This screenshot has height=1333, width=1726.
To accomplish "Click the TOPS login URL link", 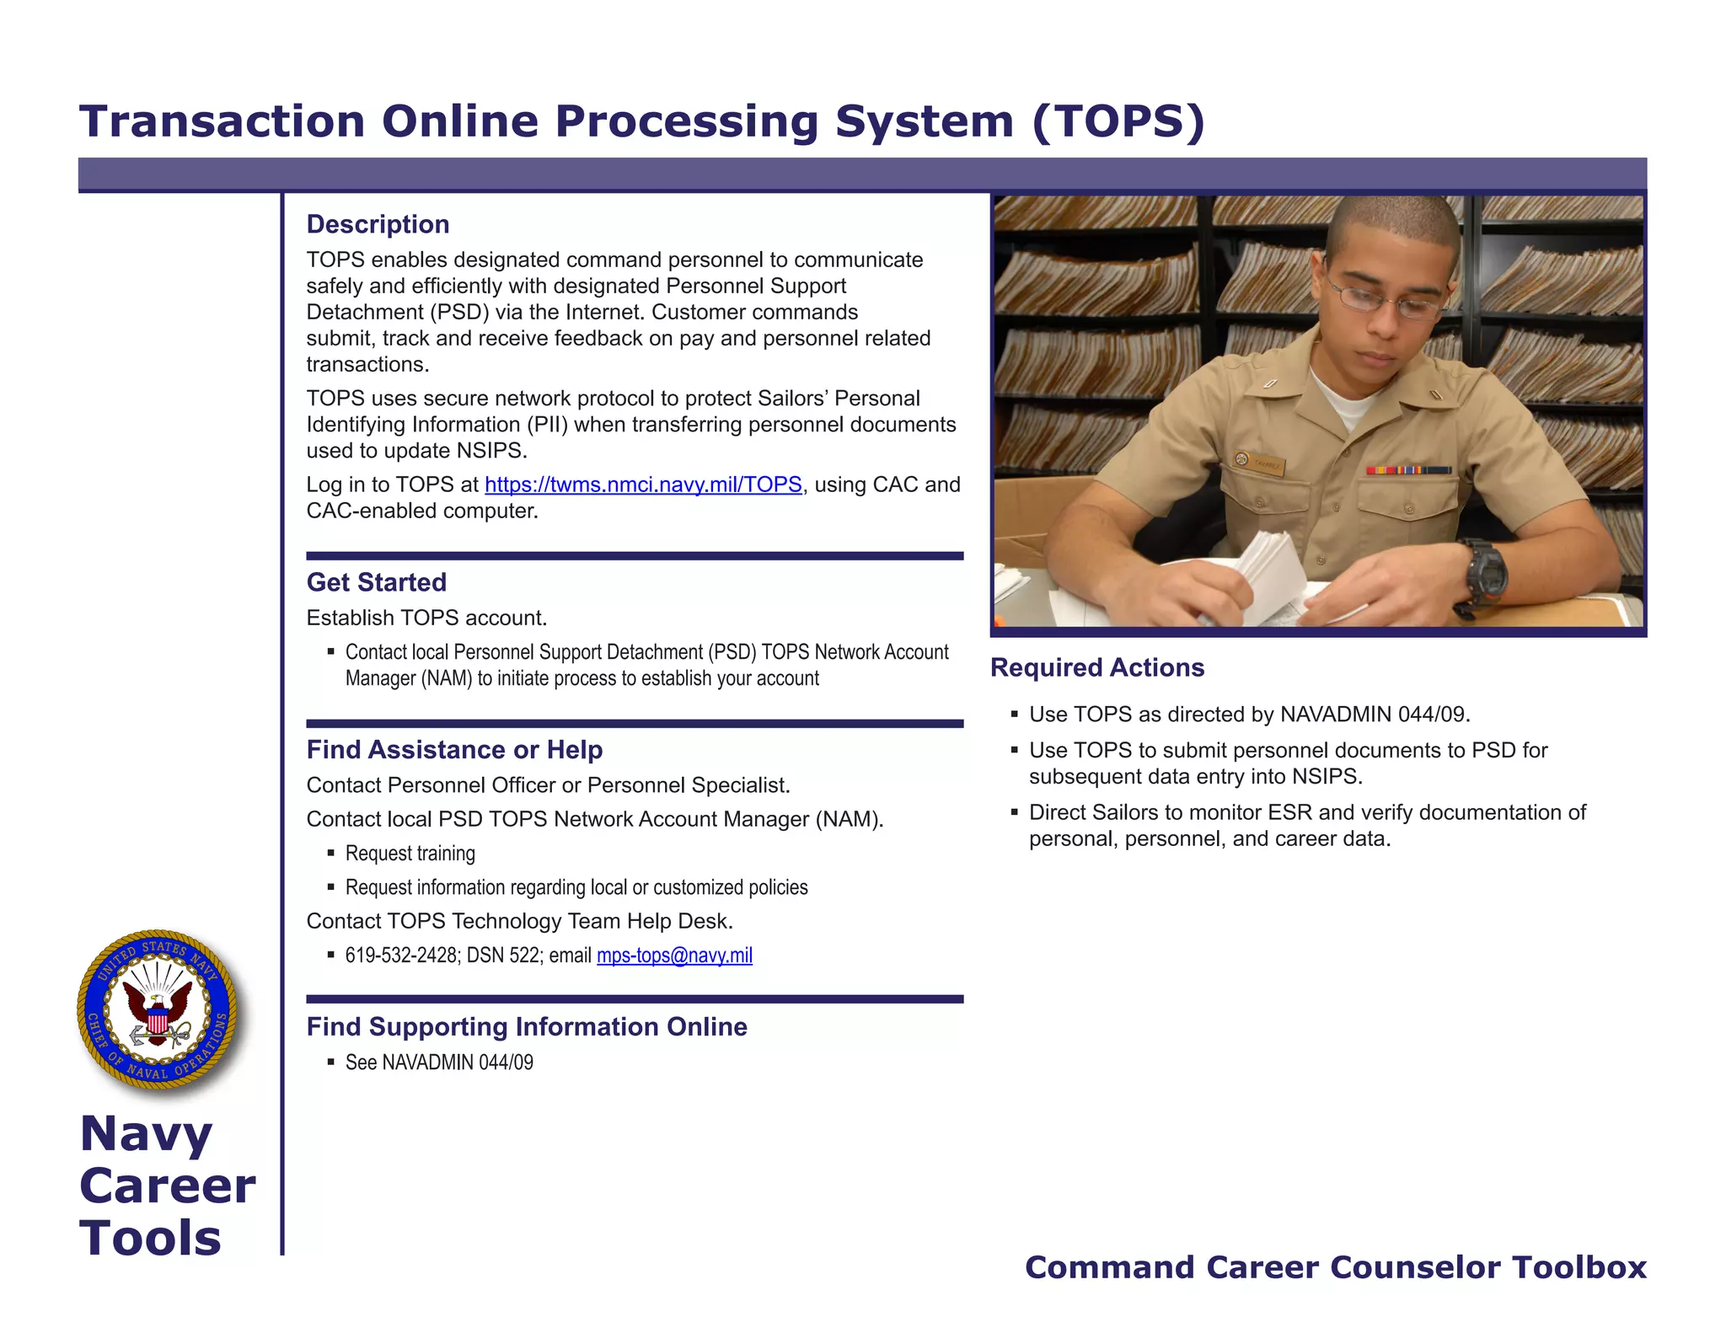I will coord(643,484).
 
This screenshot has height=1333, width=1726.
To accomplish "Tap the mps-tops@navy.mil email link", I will coord(674,956).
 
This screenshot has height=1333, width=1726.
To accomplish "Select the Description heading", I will coord(378,224).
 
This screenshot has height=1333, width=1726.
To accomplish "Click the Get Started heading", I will coord(376,582).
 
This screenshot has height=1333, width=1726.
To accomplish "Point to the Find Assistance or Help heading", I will coord(454,749).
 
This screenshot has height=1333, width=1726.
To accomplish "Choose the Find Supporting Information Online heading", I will coord(527,1026).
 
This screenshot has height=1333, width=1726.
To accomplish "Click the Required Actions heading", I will coord(1096,667).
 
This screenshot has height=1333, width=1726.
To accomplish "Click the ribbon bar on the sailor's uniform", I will coord(1408,469).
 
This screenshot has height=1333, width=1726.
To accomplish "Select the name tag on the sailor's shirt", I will coord(1262,463).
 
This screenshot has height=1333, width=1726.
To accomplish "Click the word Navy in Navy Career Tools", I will coord(146,1133).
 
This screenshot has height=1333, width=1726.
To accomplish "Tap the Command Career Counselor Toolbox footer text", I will coord(1335,1267).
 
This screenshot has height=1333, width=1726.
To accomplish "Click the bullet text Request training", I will coord(410,854).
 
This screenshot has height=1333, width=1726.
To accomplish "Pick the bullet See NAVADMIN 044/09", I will coord(439,1063).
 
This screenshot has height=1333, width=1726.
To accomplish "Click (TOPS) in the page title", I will coord(1118,121).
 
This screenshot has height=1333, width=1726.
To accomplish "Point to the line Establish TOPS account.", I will coord(426,618).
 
